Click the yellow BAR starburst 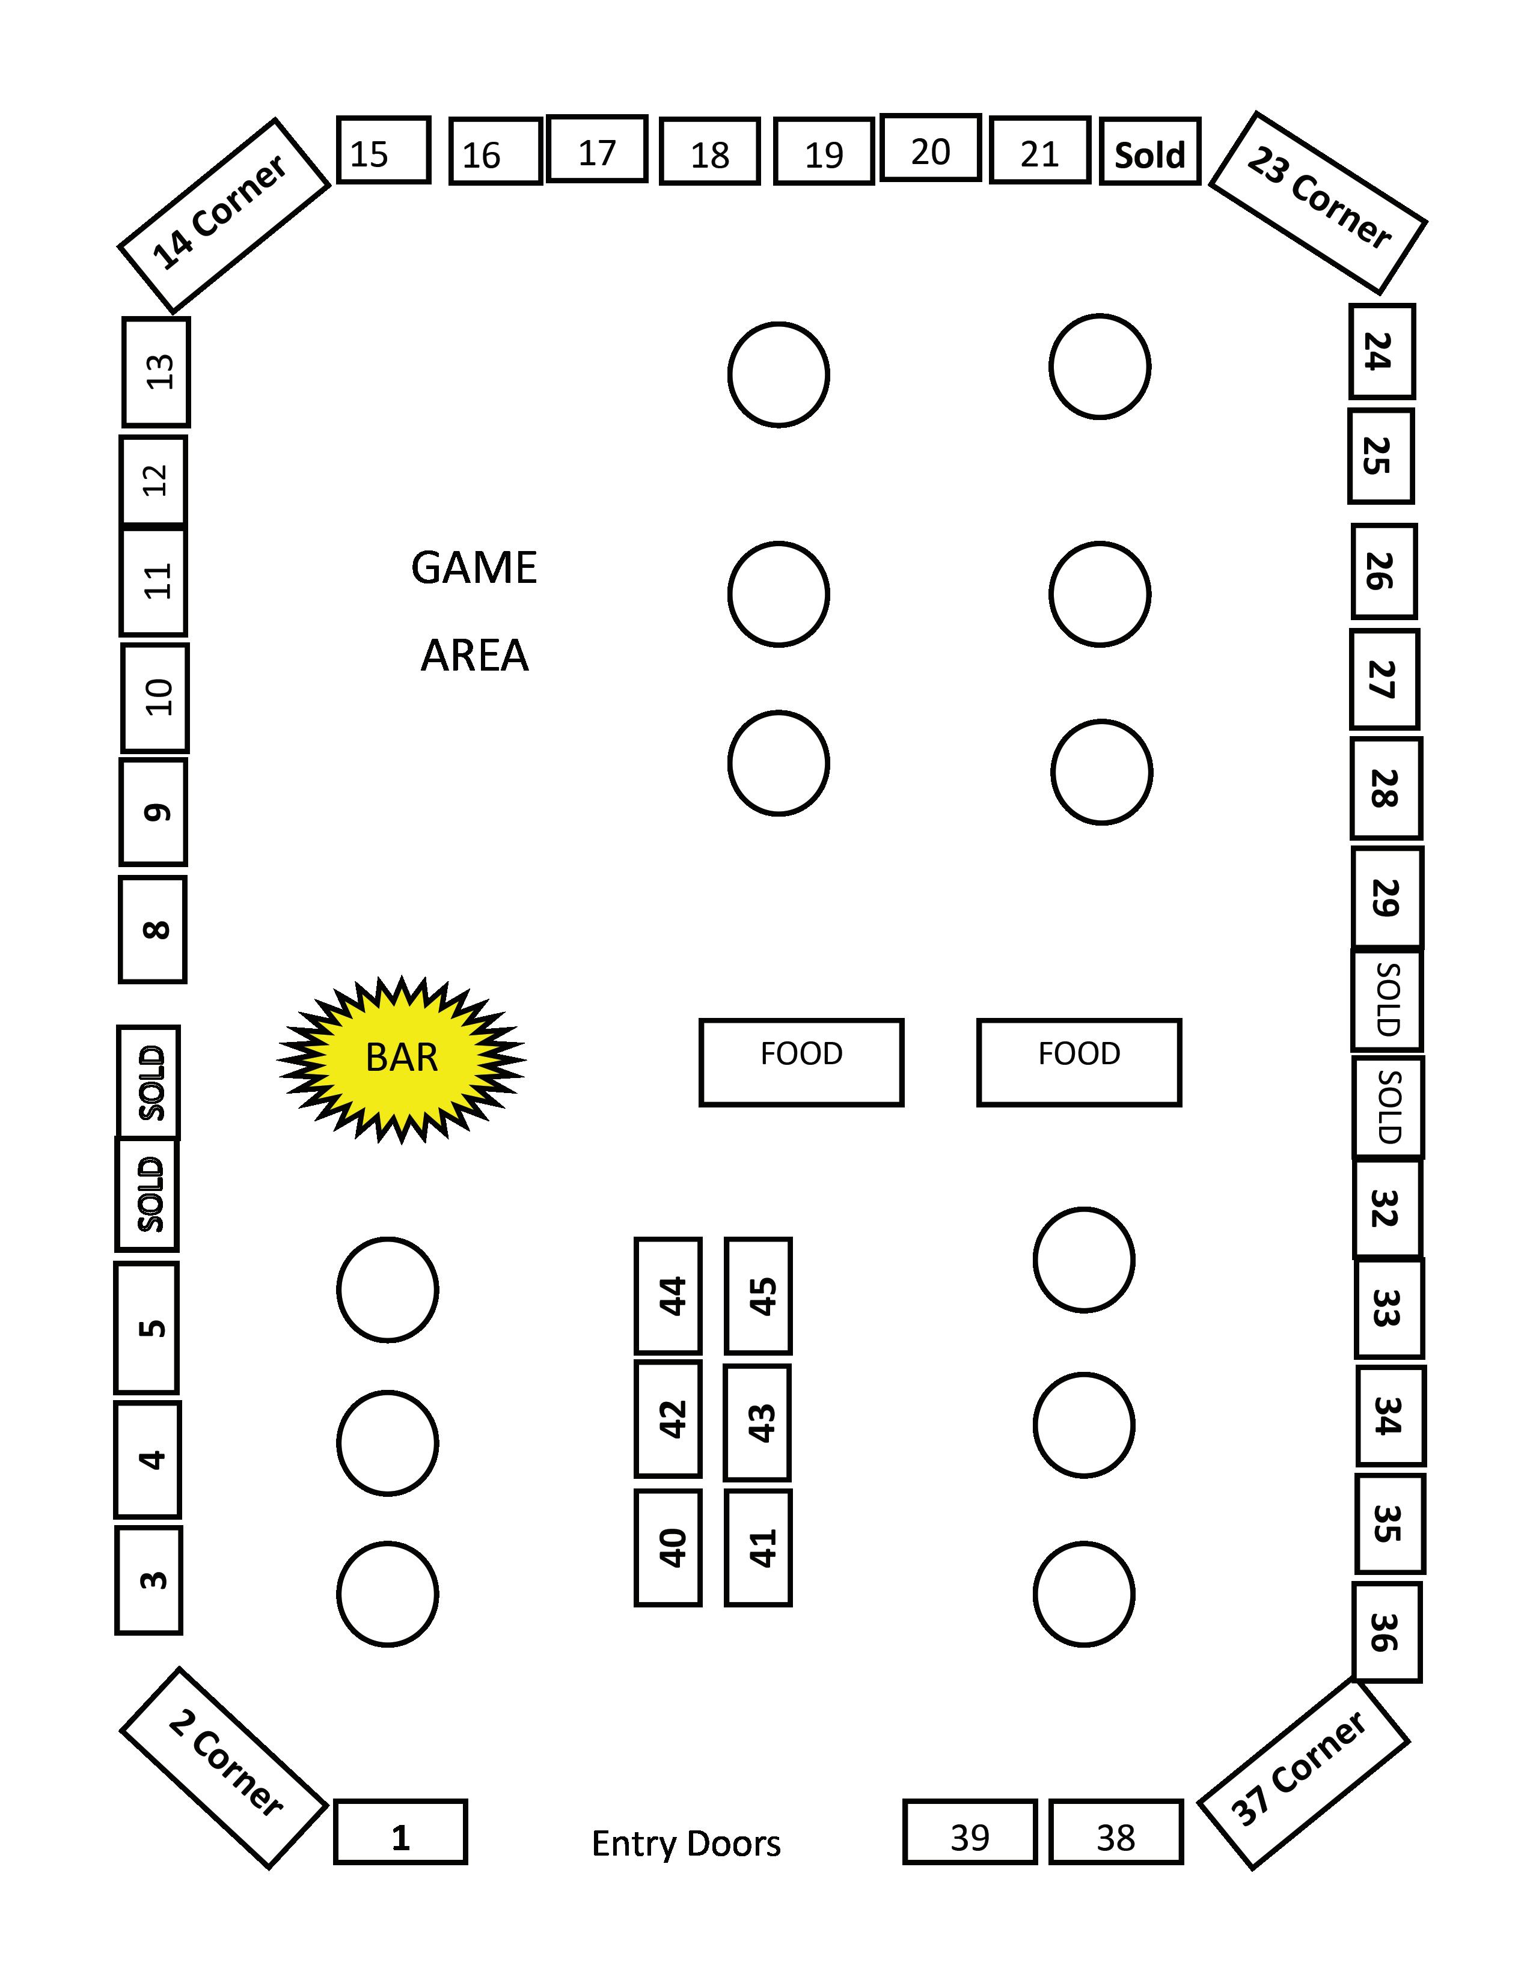[402, 1059]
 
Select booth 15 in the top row [382, 151]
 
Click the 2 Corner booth [224, 1767]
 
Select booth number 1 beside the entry [400, 1832]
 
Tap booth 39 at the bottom [970, 1832]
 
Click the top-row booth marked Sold [1149, 151]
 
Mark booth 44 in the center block [669, 1296]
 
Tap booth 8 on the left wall [153, 930]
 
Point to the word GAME [474, 568]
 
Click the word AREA [474, 656]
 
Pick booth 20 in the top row [931, 148]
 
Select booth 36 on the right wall [1386, 1631]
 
